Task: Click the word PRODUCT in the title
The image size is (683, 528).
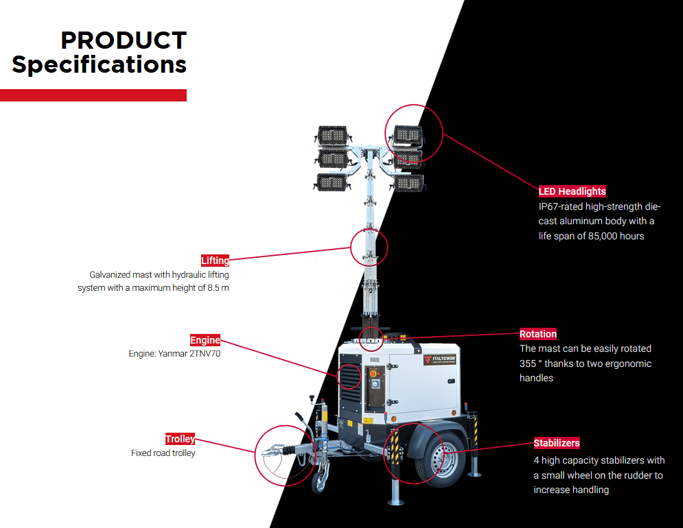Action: [x=124, y=40]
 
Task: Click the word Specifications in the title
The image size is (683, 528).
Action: [x=100, y=64]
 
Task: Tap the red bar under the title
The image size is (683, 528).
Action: [x=93, y=95]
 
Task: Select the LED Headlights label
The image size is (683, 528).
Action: [x=572, y=191]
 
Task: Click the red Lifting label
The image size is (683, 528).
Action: [x=215, y=261]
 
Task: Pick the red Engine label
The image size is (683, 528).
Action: [x=205, y=340]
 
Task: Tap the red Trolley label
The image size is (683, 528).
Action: [x=180, y=439]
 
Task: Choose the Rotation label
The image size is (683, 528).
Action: [x=537, y=334]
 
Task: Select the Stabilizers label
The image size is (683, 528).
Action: [x=557, y=443]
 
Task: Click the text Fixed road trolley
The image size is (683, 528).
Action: [x=163, y=453]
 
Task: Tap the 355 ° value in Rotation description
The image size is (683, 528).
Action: [x=532, y=363]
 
